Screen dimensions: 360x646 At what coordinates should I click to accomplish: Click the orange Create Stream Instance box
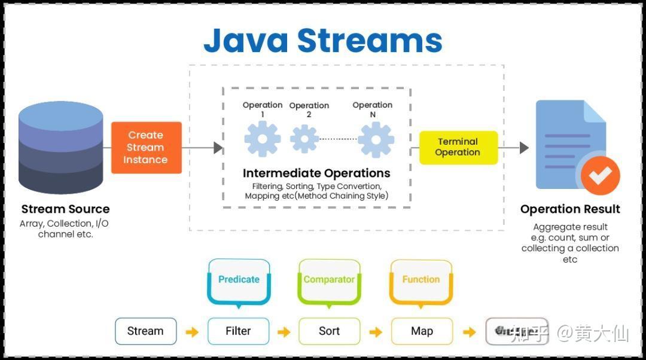[x=147, y=148]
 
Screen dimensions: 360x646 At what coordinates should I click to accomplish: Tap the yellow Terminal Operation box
[x=458, y=147]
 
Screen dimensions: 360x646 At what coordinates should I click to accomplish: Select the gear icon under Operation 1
[x=262, y=139]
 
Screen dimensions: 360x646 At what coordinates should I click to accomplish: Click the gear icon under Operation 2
[x=304, y=139]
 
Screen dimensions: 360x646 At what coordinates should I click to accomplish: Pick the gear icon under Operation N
[x=376, y=139]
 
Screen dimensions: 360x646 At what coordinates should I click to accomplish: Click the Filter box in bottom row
[x=238, y=331]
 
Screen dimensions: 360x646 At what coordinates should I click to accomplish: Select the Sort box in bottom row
[x=329, y=331]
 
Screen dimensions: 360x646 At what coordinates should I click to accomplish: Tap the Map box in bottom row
[x=422, y=331]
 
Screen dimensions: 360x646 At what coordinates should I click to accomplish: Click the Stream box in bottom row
[x=145, y=331]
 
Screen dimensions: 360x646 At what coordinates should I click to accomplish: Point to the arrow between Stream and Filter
[x=192, y=332]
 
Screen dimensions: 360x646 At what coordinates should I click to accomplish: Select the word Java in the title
[x=246, y=41]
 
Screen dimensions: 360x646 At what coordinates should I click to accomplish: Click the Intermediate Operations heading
[x=316, y=173]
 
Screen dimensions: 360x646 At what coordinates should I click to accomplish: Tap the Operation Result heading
[x=569, y=209]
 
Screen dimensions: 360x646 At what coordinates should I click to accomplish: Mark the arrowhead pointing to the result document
[x=524, y=147]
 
